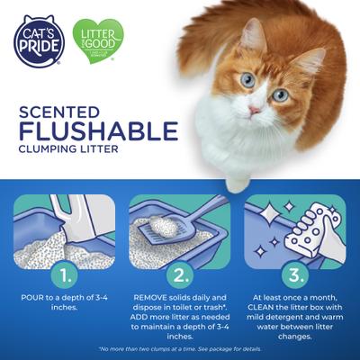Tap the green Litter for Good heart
98,40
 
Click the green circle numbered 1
64,271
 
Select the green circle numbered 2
179,271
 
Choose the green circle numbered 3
295,271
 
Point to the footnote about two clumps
179,348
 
